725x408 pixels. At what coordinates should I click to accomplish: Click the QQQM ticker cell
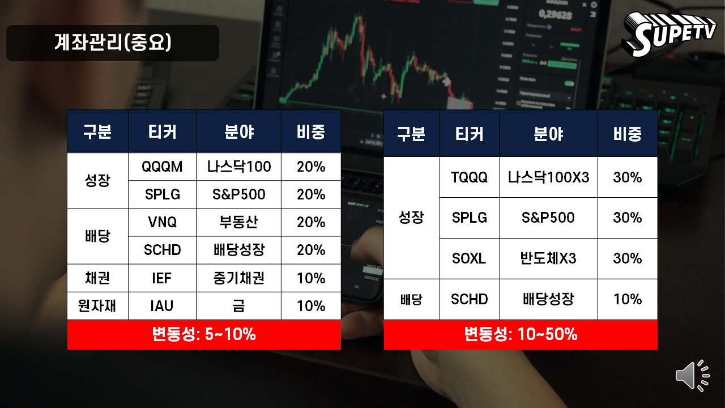point(162,167)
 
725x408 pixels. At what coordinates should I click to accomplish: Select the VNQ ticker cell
point(162,222)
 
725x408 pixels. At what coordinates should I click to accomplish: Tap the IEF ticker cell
point(162,278)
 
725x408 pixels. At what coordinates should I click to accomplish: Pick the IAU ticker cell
point(162,305)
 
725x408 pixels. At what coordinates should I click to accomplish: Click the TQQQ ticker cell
point(470,177)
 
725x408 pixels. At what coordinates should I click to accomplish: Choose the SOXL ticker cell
point(470,258)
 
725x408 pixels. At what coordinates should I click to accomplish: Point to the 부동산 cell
point(238,222)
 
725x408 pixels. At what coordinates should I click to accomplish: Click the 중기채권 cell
point(238,278)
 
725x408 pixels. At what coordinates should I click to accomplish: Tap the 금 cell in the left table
point(238,305)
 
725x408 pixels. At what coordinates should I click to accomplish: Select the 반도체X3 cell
point(548,258)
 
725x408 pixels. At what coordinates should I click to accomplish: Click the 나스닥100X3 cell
point(548,177)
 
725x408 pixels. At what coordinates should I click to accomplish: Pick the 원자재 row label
point(97,305)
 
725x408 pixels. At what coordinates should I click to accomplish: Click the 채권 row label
point(97,278)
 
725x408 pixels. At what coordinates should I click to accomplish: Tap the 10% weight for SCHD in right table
point(627,299)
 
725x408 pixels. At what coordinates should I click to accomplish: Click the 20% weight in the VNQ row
point(311,222)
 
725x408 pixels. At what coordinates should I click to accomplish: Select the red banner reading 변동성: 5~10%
point(204,334)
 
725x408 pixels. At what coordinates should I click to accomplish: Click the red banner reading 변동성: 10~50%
point(521,334)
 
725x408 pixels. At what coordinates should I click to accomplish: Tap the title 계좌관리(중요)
point(113,42)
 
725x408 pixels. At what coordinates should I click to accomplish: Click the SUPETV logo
point(669,35)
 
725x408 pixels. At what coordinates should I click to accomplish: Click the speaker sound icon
point(692,376)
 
